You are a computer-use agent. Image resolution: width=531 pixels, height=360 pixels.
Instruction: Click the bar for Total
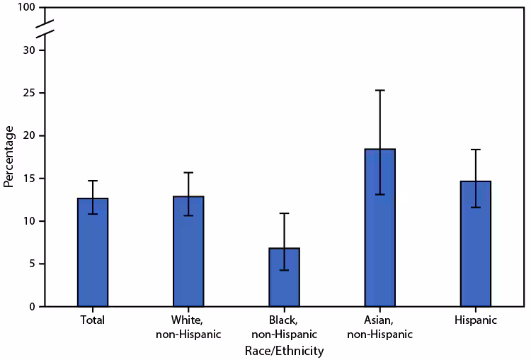[x=93, y=252]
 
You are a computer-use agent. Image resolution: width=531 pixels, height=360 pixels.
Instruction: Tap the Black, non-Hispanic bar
[x=284, y=277]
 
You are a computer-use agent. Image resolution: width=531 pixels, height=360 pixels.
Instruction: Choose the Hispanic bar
[x=475, y=244]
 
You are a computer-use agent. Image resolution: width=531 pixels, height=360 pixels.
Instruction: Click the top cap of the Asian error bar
[x=379, y=90]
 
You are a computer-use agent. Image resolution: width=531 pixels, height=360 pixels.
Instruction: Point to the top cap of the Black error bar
[x=284, y=213]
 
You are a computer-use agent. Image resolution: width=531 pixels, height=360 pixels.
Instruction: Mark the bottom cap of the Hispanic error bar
[x=475, y=207]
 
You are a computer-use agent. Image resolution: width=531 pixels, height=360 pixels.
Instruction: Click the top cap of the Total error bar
[x=93, y=181]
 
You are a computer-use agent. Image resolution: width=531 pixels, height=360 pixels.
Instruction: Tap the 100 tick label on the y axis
[x=26, y=8]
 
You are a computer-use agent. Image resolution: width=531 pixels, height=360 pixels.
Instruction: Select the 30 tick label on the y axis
[x=29, y=50]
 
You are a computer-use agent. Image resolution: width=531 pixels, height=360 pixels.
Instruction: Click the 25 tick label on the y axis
[x=29, y=93]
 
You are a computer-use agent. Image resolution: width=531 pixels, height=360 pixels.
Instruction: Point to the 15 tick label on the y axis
[x=29, y=179]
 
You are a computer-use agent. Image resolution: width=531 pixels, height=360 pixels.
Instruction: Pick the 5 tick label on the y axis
[x=32, y=264]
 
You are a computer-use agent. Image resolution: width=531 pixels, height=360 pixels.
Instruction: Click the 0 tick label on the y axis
[x=32, y=307]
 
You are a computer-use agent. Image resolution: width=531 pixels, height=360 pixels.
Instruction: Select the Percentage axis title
[x=9, y=157]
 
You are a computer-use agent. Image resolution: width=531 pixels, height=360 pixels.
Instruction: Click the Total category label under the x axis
[x=93, y=320]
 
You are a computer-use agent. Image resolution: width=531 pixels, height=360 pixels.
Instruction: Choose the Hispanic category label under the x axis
[x=475, y=320]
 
